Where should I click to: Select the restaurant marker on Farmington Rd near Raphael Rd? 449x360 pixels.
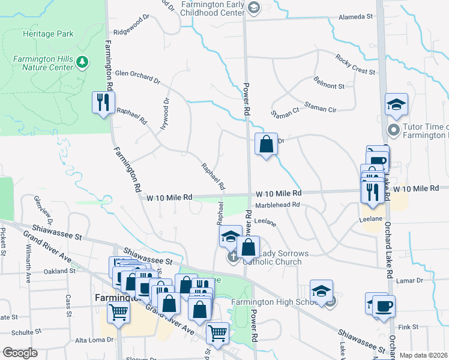(x=103, y=103)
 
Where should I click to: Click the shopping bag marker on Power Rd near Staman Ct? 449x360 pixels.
(x=266, y=145)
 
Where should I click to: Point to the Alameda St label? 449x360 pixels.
(x=356, y=17)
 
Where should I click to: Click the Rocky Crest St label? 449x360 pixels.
(x=355, y=65)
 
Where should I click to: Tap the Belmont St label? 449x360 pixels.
(x=329, y=86)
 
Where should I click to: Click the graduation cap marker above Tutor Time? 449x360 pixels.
(x=396, y=104)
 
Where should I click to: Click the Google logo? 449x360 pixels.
(x=20, y=353)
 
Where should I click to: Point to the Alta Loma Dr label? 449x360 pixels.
(x=94, y=340)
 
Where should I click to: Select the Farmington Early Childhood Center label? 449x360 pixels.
(x=212, y=8)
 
